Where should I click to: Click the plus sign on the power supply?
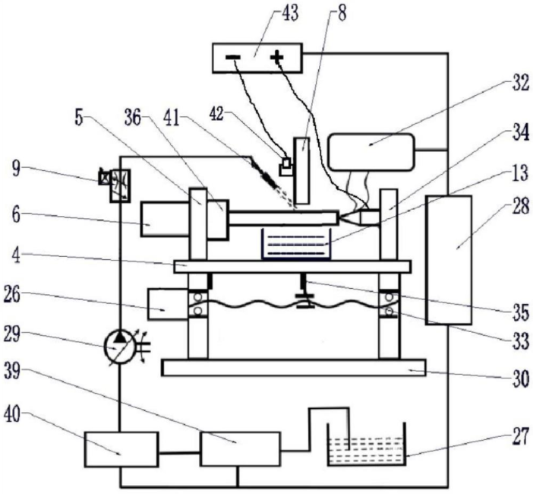pos(276,56)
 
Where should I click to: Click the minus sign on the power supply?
pos(233,57)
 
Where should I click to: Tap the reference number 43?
pos(289,14)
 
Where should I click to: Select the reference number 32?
pos(520,83)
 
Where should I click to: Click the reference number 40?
pos(12,416)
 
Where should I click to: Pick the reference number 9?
pos(16,169)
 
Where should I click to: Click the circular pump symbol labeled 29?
pos(120,347)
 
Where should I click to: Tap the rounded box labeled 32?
pos(371,152)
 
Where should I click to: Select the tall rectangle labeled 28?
pos(449,260)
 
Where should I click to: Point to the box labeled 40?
pos(121,449)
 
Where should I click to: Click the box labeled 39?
pos(241,449)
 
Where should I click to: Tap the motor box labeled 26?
pos(168,304)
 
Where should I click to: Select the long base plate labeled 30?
pos(294,367)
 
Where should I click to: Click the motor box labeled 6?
pos(166,219)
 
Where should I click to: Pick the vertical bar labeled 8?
pos(302,171)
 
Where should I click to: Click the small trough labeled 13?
pos(296,244)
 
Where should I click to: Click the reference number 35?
pos(520,312)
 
